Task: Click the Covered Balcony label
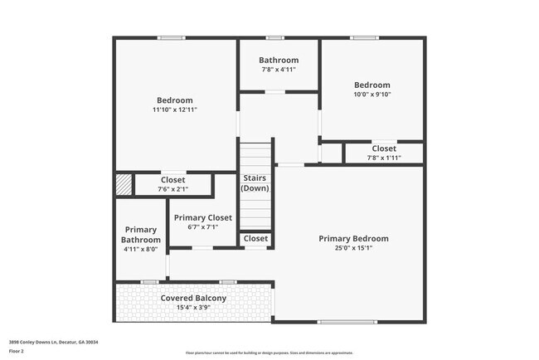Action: [x=193, y=298]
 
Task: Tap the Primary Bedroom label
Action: [x=353, y=238]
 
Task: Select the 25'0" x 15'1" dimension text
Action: [x=353, y=247]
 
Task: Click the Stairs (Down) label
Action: [x=255, y=183]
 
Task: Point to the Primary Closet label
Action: [x=203, y=217]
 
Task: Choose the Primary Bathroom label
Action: [x=140, y=235]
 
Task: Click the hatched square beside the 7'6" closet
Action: [x=124, y=183]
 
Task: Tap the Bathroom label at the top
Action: [x=278, y=60]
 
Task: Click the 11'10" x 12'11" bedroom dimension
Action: [x=174, y=109]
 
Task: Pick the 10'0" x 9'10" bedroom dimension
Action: [x=371, y=94]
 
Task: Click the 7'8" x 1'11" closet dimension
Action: [x=383, y=158]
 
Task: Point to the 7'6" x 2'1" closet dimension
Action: [x=172, y=189]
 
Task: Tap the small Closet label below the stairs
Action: [x=255, y=239]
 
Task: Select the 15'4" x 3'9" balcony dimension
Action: [x=193, y=307]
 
